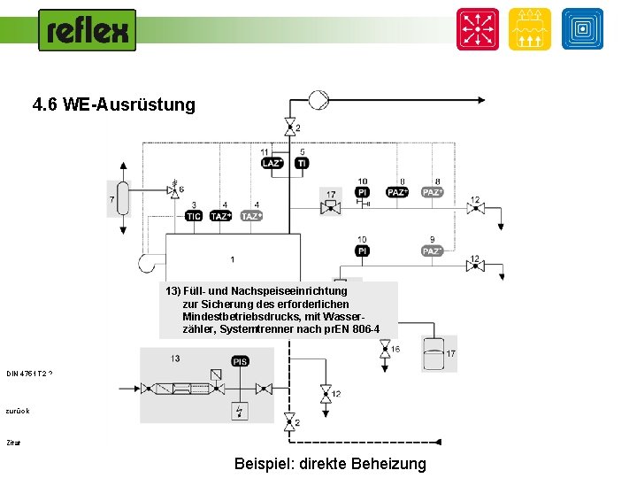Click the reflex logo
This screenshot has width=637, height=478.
[x=87, y=30]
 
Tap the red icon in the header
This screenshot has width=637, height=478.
[x=478, y=29]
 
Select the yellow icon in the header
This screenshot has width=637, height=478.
[x=530, y=29]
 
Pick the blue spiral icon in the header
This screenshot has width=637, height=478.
[x=582, y=29]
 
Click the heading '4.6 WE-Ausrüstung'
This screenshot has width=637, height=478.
[x=113, y=104]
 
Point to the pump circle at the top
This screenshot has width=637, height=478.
[x=318, y=100]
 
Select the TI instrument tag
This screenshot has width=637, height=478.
[x=302, y=163]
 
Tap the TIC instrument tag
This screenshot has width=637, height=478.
[x=193, y=216]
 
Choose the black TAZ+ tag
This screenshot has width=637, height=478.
[x=221, y=216]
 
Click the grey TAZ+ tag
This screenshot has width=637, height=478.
[x=251, y=216]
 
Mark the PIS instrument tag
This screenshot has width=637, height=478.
[x=241, y=361]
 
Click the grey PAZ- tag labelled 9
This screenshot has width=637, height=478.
[x=432, y=251]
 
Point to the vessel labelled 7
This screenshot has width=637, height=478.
[x=123, y=198]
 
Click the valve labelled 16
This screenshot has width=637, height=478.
[x=385, y=351]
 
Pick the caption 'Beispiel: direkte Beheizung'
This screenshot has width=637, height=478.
[x=330, y=464]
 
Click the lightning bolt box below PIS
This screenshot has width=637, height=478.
[x=241, y=411]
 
